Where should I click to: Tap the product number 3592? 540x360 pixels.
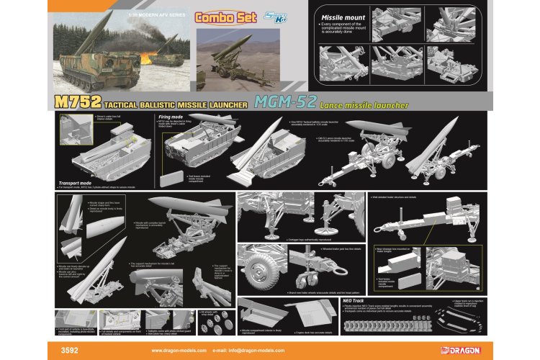72,351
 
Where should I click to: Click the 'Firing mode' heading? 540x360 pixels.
168,116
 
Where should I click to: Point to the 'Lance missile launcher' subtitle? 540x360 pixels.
367,106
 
